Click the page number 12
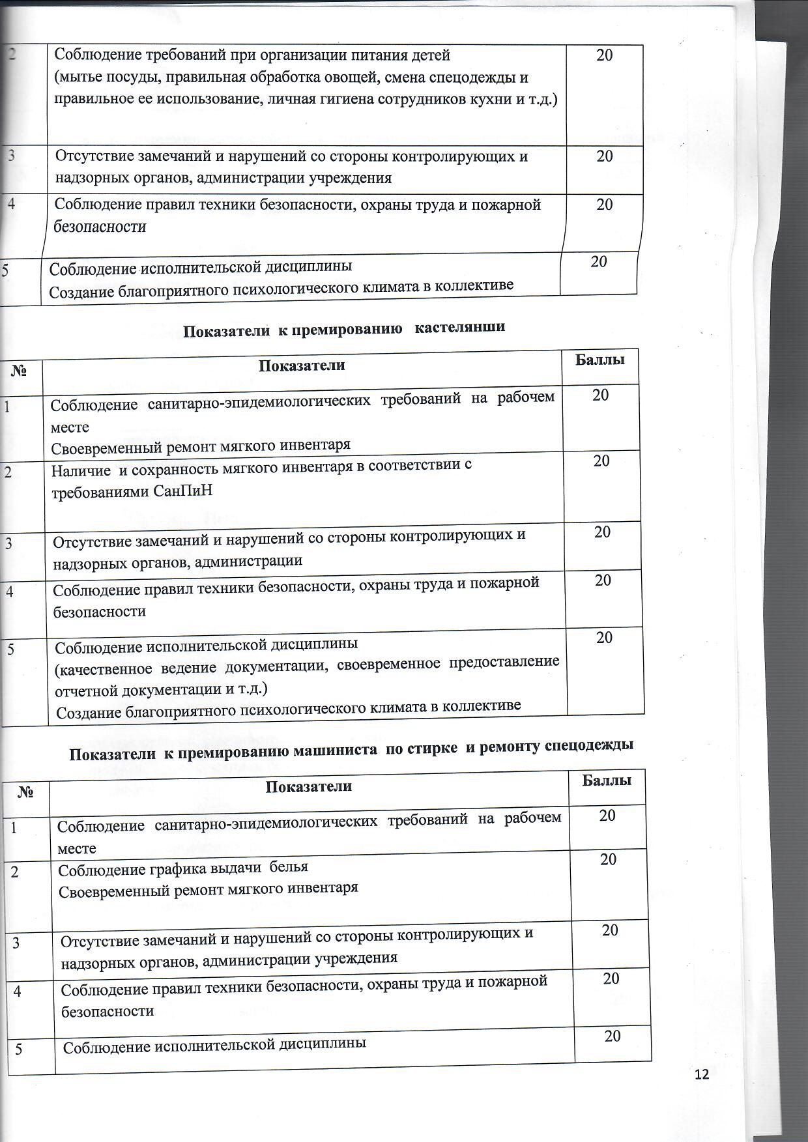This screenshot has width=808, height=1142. coord(701,1074)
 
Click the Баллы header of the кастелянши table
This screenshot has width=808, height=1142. coord(599,360)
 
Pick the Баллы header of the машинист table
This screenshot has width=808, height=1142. coord(607,780)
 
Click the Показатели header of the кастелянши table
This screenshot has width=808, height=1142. coord(302,365)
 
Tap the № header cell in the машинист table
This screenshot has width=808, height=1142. coord(25,792)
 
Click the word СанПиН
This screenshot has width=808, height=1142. coord(183,491)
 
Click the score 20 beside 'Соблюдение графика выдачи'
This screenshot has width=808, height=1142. coord(608,859)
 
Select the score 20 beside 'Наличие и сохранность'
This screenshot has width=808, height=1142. coord(601,461)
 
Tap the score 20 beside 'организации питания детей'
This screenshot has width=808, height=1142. coord(605,55)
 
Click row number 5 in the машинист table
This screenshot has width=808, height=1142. coord(19,1049)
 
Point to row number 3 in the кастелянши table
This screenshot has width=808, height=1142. coord(9,543)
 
